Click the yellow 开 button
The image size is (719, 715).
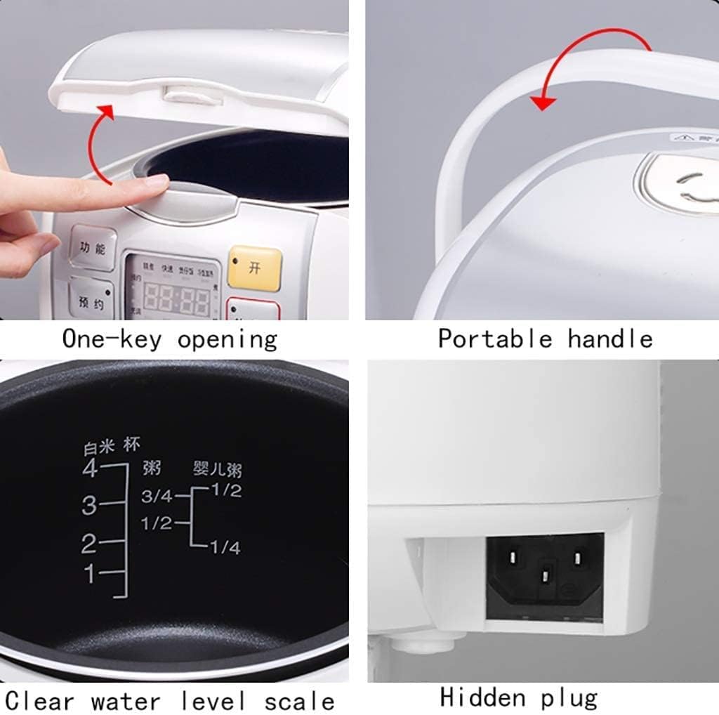(255, 267)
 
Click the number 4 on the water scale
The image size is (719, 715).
(90, 468)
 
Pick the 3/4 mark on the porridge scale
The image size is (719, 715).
(157, 497)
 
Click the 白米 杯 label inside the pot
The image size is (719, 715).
(112, 445)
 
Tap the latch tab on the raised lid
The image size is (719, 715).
(185, 94)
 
